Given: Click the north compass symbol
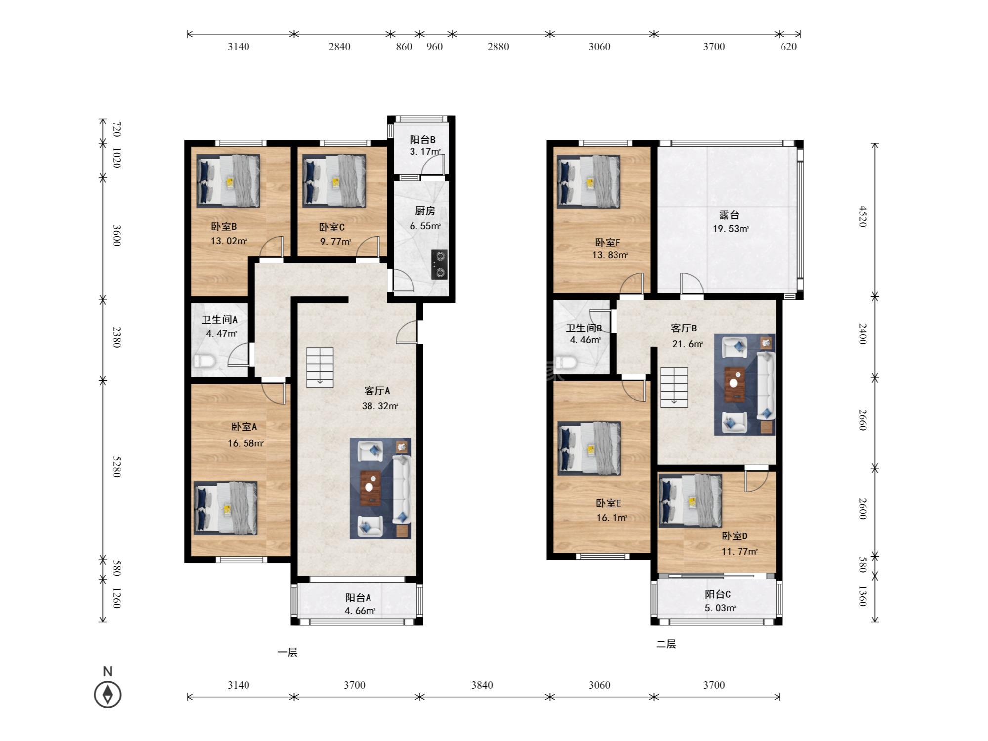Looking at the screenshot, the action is click(108, 694).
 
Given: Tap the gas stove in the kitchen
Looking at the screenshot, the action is click(440, 265).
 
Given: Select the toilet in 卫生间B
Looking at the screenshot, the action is click(566, 364).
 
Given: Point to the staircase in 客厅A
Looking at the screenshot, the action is click(320, 368).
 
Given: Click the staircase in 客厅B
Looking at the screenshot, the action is click(674, 387).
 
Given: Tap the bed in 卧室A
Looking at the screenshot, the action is click(226, 508).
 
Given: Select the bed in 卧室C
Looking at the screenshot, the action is click(334, 181).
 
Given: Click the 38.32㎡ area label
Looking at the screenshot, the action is click(380, 406).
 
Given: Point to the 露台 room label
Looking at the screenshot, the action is click(729, 215).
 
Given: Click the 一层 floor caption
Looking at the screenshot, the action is click(288, 653).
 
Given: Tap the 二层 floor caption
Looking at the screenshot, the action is click(666, 644).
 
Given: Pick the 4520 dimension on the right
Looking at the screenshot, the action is click(863, 216).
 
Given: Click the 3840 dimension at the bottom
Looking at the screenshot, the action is click(482, 685).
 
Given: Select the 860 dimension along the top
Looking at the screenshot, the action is click(404, 47).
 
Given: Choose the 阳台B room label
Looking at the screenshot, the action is click(422, 140).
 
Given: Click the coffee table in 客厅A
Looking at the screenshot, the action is click(370, 488).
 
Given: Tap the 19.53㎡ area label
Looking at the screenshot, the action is click(731, 229).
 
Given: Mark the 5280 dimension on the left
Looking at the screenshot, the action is click(117, 467).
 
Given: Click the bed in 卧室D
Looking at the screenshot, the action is click(691, 501).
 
